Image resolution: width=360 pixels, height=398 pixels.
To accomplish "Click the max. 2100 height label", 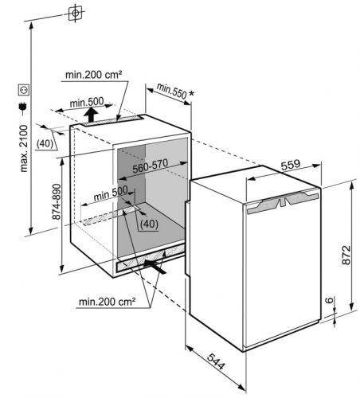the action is (x=24, y=149).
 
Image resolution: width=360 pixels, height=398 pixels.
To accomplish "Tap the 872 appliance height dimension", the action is (x=346, y=255).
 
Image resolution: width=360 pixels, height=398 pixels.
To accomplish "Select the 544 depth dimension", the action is (x=216, y=361).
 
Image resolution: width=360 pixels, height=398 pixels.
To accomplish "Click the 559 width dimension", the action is (x=291, y=165).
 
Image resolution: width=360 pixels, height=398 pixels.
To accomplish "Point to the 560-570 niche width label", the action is (x=151, y=166).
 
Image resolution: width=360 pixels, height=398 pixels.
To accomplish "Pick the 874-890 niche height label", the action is (x=57, y=201).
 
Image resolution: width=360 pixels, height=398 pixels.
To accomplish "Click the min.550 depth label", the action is (x=172, y=91).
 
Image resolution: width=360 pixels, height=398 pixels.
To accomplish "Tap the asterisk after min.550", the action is (x=191, y=94).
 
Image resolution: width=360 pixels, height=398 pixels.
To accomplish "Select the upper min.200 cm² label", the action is (x=94, y=75).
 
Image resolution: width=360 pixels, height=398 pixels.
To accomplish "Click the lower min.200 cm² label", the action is (x=108, y=302).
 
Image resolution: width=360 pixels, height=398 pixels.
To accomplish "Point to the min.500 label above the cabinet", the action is (x=87, y=102).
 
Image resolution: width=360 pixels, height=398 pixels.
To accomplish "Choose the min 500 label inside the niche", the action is (x=111, y=194).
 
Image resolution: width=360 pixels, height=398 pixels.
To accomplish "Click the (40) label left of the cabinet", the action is (x=45, y=143).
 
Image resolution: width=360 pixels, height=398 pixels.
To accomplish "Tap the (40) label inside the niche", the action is (x=149, y=224).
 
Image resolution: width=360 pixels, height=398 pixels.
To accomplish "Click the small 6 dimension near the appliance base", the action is (x=329, y=300).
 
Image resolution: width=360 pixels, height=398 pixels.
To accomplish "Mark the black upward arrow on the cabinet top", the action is (x=92, y=115).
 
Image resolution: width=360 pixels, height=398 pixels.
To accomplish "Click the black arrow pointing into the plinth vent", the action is (x=155, y=266).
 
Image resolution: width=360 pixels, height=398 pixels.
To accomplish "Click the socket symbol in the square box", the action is (x=24, y=90).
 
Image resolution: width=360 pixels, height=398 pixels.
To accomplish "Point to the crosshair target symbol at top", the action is (x=75, y=14).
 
